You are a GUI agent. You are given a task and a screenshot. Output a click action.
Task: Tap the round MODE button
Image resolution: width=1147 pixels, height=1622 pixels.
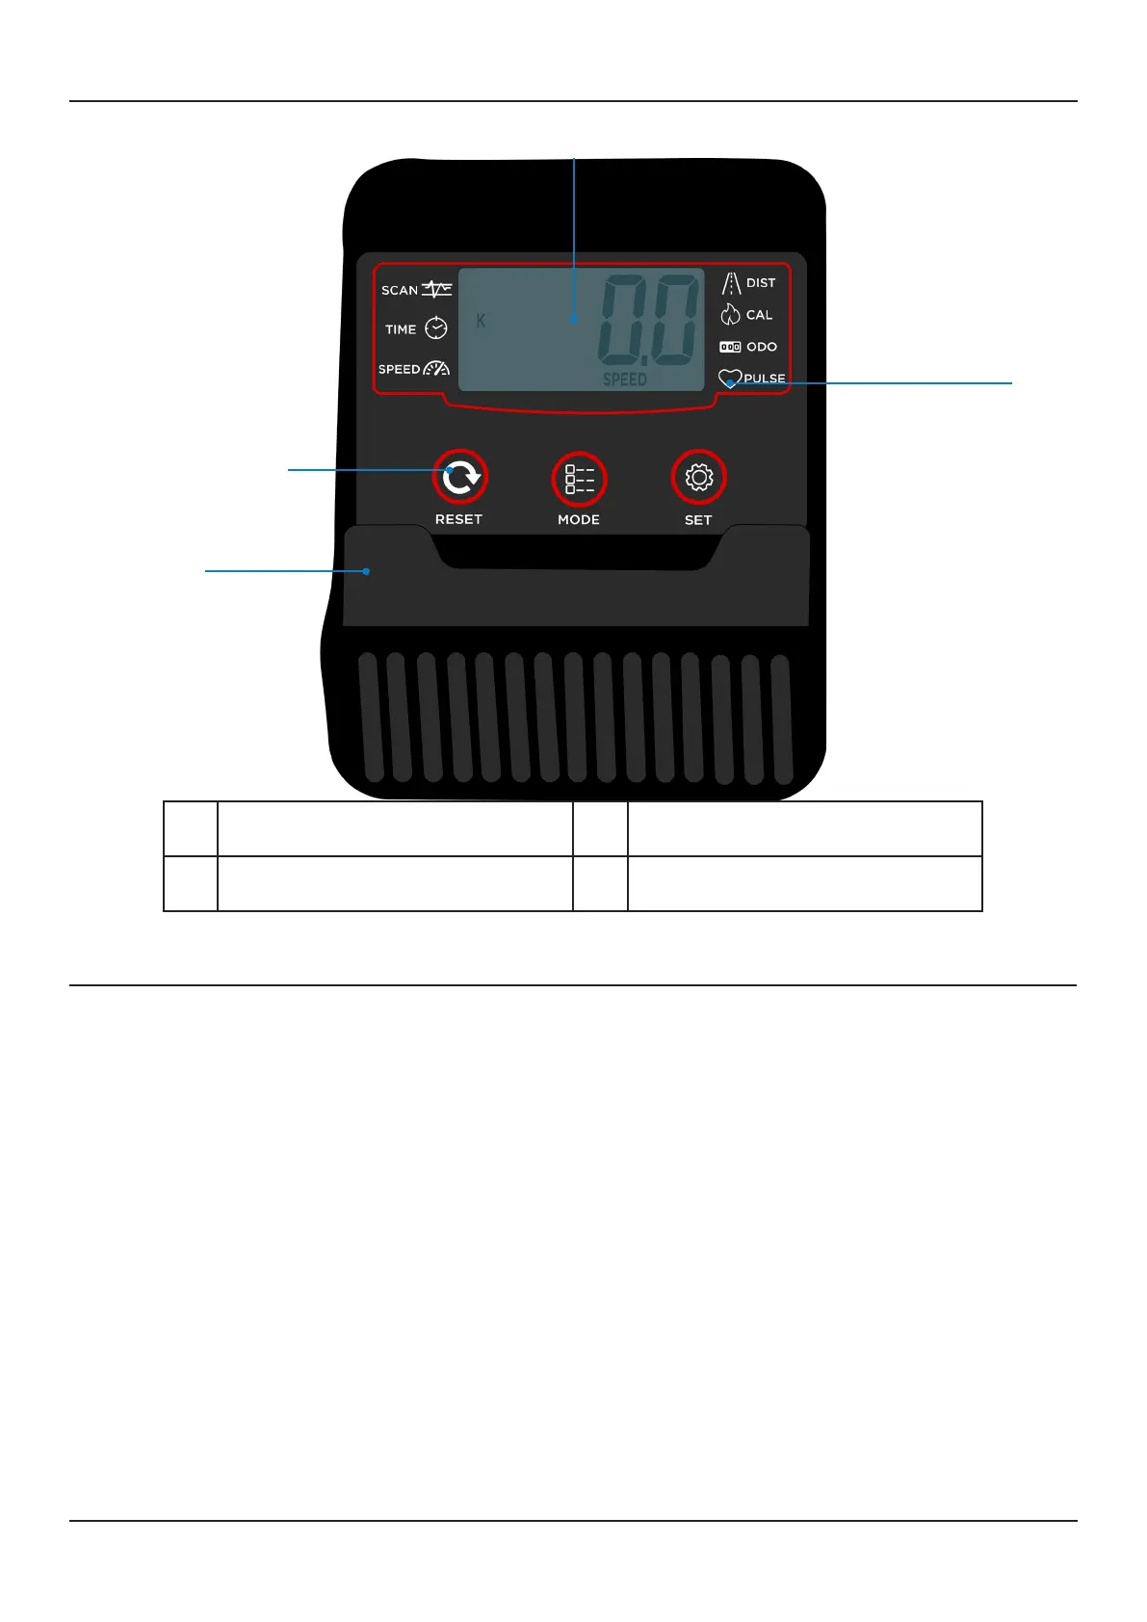pyautogui.click(x=579, y=479)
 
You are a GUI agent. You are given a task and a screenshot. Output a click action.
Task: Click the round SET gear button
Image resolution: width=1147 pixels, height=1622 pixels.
pyautogui.click(x=698, y=477)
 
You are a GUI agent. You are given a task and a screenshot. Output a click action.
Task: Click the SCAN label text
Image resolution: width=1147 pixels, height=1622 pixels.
pyautogui.click(x=400, y=290)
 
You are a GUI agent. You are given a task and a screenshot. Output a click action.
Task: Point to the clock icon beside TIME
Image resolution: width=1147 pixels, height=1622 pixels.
pyautogui.click(x=436, y=328)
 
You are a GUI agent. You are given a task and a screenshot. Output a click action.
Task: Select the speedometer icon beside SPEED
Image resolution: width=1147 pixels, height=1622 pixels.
pyautogui.click(x=436, y=368)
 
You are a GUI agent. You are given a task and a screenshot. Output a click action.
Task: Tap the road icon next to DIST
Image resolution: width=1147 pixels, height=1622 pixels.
pyautogui.click(x=731, y=283)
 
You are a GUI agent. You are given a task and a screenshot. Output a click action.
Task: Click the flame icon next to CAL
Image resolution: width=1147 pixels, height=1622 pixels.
pyautogui.click(x=730, y=314)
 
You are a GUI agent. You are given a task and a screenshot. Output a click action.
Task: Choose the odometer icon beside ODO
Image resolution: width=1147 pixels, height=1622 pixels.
pyautogui.click(x=730, y=347)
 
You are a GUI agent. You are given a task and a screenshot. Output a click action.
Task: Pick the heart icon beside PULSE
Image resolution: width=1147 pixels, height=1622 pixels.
pyautogui.click(x=729, y=379)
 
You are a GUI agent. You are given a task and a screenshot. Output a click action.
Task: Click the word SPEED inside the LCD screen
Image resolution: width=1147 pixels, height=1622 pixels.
pyautogui.click(x=625, y=379)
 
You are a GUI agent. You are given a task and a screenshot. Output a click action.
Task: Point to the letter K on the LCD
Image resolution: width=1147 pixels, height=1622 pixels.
pyautogui.click(x=481, y=321)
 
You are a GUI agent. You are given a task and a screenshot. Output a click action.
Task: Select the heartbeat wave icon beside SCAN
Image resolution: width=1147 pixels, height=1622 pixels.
pyautogui.click(x=437, y=289)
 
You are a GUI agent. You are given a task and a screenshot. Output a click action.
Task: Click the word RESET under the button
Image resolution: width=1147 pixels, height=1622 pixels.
pyautogui.click(x=458, y=519)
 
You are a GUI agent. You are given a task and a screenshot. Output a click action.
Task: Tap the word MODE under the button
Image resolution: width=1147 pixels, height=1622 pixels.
pyautogui.click(x=579, y=519)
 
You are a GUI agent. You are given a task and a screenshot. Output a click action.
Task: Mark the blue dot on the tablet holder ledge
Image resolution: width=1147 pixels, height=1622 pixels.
pyautogui.click(x=366, y=571)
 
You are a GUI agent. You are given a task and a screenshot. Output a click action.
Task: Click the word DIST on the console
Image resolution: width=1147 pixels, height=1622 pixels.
pyautogui.click(x=761, y=283)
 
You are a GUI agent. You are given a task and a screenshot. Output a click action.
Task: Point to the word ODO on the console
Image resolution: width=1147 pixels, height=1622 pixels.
pyautogui.click(x=762, y=347)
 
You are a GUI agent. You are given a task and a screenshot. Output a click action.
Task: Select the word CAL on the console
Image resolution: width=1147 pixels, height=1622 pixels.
pyautogui.click(x=759, y=315)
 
